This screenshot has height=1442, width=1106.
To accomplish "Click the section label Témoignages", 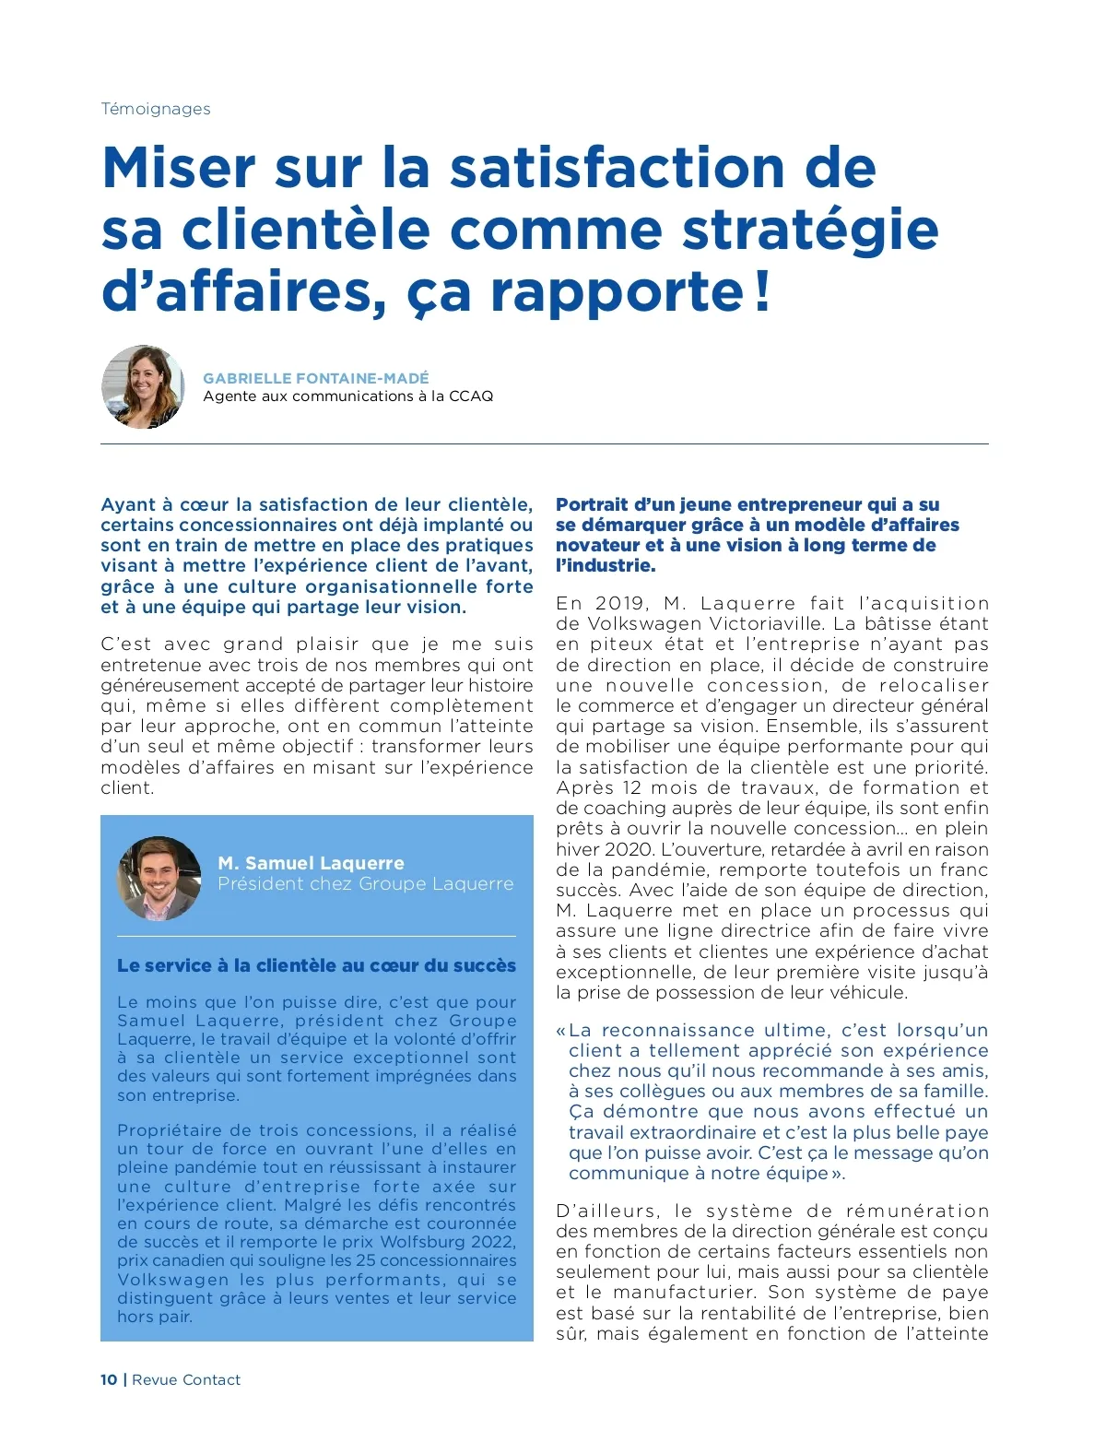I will [x=155, y=109].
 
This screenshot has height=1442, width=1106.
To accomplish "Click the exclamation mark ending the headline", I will [x=761, y=290].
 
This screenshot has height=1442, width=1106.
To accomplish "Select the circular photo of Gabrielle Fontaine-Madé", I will [x=143, y=387].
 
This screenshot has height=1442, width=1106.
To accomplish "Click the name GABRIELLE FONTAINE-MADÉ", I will [x=315, y=378].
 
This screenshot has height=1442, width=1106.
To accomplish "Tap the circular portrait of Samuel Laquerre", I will [x=159, y=878].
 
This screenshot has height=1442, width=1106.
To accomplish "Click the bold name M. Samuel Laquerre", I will [x=311, y=863].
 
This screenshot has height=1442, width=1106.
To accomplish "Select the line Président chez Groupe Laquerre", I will [x=365, y=884].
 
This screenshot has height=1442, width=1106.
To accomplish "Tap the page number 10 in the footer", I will [x=109, y=1380].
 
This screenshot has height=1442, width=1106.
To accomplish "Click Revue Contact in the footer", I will [x=186, y=1380].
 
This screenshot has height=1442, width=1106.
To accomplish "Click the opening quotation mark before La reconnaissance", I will [x=560, y=1031].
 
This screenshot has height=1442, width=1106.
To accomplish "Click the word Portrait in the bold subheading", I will [x=591, y=505].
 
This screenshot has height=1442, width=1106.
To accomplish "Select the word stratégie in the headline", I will [x=810, y=230].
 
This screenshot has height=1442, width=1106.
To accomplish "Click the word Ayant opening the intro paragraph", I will [x=128, y=505].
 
